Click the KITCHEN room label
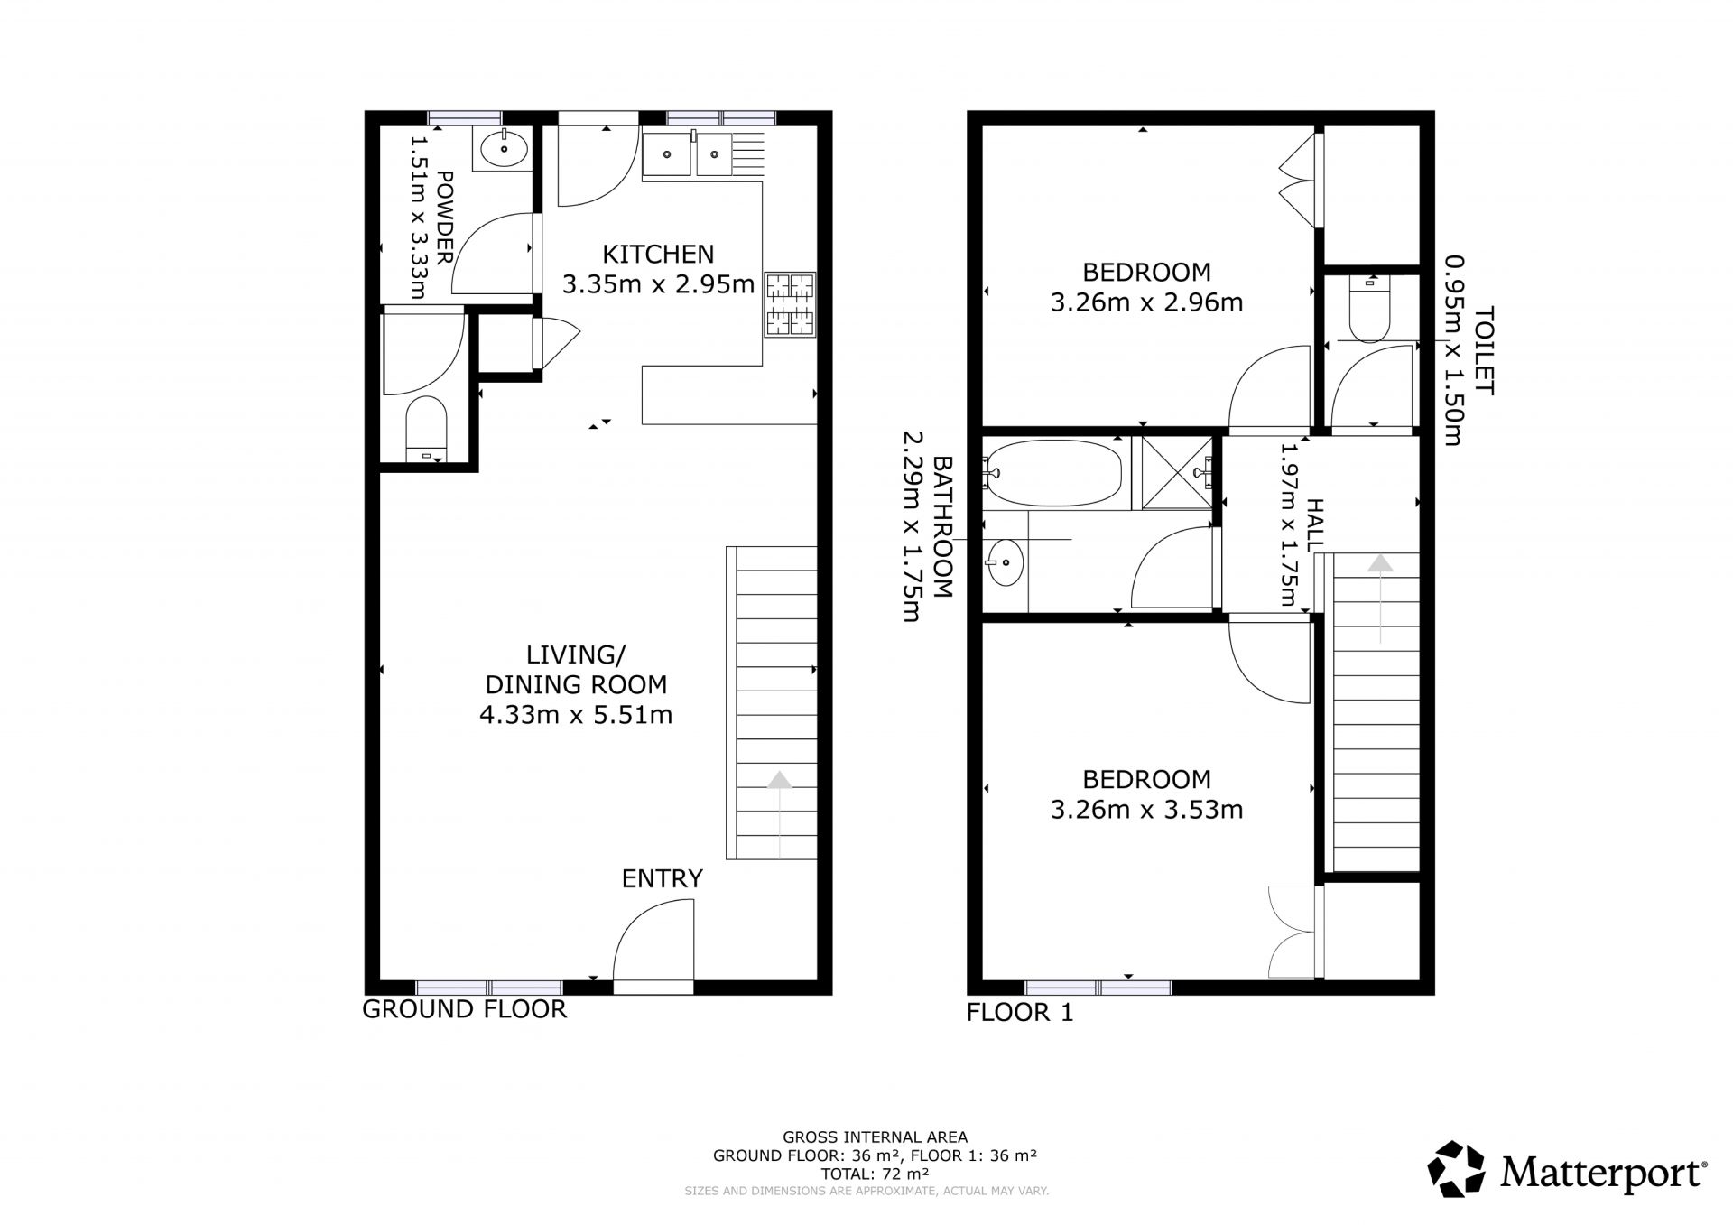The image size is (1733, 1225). pos(658,254)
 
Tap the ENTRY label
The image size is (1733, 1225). pos(662,878)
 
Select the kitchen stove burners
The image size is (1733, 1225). pos(791,304)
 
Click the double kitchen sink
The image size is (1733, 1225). pos(688,154)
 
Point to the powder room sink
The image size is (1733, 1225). pos(504,149)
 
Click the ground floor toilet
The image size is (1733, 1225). pos(426,432)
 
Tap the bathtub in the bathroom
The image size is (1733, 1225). pos(1053,472)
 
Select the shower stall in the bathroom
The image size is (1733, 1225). pos(1177,472)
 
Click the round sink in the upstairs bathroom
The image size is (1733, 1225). pos(1005,563)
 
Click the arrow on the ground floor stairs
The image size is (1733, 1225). pos(779,813)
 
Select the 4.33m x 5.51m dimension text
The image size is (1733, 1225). pos(576,716)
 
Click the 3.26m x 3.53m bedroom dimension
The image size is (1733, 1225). pos(1146,810)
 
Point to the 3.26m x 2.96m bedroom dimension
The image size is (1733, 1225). pos(1146,302)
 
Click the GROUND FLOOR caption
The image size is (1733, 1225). pos(464,1009)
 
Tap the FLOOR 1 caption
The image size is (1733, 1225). pos(1020,1013)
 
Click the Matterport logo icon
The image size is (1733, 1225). pos(1456,1170)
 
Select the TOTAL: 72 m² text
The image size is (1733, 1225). pos(875,1174)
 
